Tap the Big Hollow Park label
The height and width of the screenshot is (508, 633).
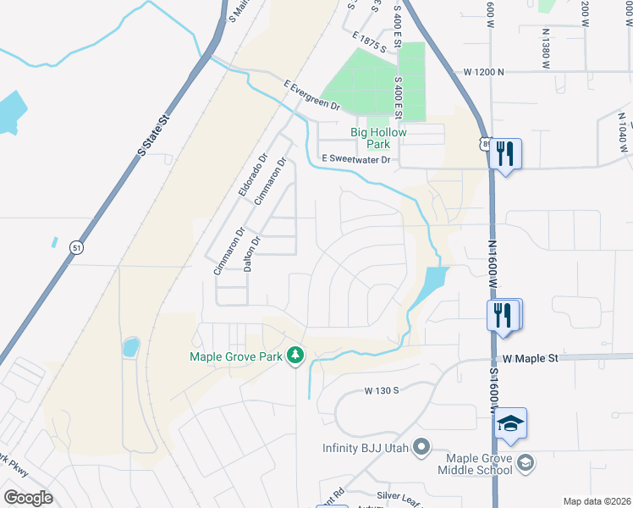[x=379, y=138]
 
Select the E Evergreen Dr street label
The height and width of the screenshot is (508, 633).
[x=311, y=96]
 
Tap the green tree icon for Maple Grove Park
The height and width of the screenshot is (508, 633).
[x=295, y=356]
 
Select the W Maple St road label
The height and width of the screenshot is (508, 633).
[x=531, y=359]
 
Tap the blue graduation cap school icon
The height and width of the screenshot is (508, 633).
[x=511, y=423]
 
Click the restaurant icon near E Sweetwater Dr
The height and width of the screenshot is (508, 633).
[x=505, y=154]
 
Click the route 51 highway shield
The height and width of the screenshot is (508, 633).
[x=77, y=248]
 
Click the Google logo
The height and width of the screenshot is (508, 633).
[x=28, y=498]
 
